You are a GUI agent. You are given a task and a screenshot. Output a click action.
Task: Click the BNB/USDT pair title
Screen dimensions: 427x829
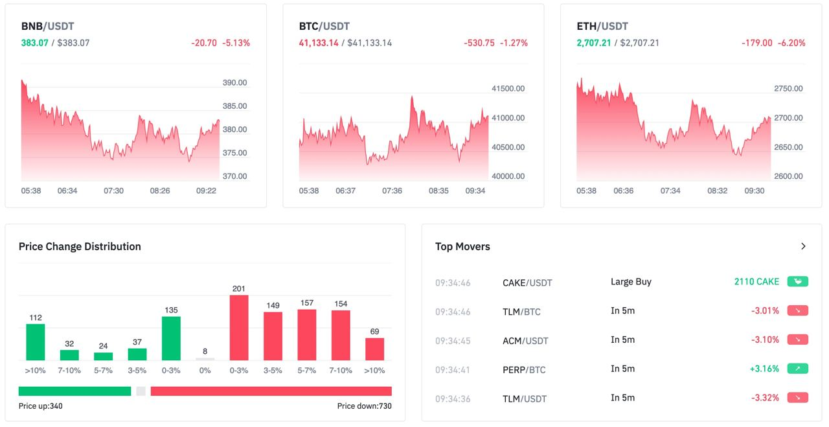(48, 27)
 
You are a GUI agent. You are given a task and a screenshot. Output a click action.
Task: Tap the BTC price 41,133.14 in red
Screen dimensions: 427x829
(319, 43)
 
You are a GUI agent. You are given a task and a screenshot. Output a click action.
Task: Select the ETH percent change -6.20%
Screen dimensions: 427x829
(791, 43)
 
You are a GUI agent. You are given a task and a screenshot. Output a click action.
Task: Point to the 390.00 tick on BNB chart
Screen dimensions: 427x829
(234, 83)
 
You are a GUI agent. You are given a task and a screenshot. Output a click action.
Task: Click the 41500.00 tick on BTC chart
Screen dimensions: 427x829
(508, 89)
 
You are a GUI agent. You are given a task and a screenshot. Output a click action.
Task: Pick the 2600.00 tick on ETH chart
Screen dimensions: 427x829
(788, 176)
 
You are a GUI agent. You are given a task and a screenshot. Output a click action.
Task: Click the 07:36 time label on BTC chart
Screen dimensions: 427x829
(392, 191)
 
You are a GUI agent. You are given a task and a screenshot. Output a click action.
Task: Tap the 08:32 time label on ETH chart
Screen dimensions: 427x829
(718, 191)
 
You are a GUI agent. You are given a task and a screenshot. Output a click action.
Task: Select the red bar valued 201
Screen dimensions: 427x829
(239, 328)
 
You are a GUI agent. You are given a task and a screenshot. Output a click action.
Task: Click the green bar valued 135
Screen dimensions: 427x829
(171, 338)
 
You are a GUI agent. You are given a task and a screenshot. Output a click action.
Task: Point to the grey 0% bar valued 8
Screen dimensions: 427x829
(205, 359)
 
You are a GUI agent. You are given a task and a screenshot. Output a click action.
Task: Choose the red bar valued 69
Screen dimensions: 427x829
(374, 349)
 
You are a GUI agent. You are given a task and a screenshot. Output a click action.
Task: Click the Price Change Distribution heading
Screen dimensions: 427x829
(80, 246)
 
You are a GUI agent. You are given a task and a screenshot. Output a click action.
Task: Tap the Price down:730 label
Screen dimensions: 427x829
(364, 406)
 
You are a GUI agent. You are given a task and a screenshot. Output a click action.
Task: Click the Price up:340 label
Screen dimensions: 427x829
(41, 406)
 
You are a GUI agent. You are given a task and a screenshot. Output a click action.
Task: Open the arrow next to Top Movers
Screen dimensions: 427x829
(803, 246)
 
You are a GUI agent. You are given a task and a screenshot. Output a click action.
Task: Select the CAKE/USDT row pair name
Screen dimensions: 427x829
(527, 283)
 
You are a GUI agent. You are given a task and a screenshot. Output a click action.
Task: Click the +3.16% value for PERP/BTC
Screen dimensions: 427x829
(765, 369)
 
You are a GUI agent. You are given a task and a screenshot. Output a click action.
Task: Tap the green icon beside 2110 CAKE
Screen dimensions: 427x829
(798, 282)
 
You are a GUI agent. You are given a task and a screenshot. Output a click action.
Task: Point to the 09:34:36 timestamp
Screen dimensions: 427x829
(453, 398)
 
